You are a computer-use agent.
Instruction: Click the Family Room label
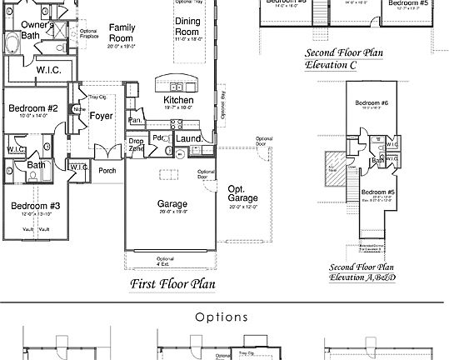click(122, 32)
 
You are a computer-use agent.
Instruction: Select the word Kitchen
click(178, 100)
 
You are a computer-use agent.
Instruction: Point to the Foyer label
click(102, 117)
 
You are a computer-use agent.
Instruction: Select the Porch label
click(107, 170)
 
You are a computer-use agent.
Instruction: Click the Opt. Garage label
click(243, 194)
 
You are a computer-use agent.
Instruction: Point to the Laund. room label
click(189, 138)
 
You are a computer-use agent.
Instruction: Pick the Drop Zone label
click(136, 145)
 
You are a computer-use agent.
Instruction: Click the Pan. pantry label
click(135, 121)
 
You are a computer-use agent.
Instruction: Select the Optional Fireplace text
click(89, 33)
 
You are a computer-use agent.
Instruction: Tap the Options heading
click(222, 317)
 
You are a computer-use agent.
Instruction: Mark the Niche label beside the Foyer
click(78, 108)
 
